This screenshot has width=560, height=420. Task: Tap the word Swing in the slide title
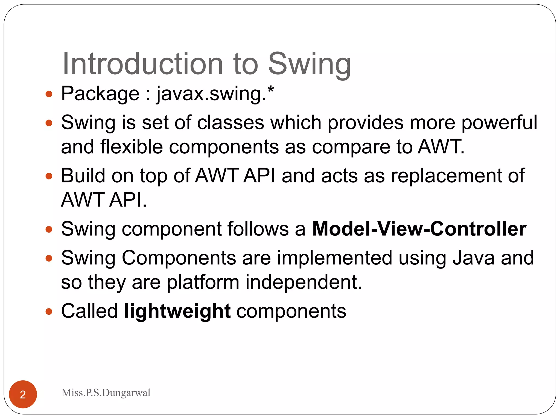point(309,64)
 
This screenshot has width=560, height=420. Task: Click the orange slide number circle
point(23,394)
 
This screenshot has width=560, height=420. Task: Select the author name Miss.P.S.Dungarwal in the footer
point(106,393)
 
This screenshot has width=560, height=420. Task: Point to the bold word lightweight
point(177,311)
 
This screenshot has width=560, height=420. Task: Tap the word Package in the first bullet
point(100,94)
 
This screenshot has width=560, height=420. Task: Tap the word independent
point(304,282)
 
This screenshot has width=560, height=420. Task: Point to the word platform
point(203,282)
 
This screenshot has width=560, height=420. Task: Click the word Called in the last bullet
point(89,311)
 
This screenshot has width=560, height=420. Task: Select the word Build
point(83,176)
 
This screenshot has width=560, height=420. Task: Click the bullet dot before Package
point(49,94)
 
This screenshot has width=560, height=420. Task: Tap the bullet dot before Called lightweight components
point(49,311)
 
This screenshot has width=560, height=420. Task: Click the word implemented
point(335,258)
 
